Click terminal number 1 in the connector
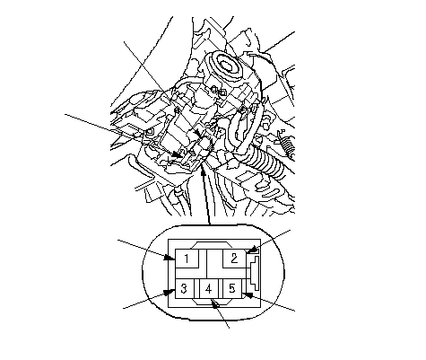click(187, 259)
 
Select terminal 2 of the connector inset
click(234, 259)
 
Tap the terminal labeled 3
click(185, 289)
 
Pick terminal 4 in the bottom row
click(209, 289)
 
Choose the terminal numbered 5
click(232, 289)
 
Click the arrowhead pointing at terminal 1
click(170, 257)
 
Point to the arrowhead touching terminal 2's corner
click(253, 250)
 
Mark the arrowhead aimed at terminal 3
click(170, 292)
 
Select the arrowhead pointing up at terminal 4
click(214, 303)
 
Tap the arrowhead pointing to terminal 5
click(248, 294)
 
